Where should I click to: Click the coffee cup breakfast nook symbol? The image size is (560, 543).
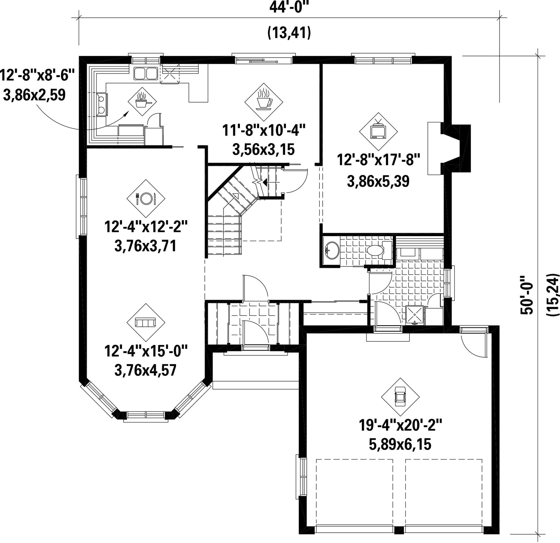[264, 102]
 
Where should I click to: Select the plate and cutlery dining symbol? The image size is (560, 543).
[146, 198]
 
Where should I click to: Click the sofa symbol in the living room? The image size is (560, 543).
[146, 322]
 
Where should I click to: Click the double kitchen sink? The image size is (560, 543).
[146, 73]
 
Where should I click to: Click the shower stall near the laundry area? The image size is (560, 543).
[415, 315]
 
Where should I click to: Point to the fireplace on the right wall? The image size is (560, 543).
[449, 148]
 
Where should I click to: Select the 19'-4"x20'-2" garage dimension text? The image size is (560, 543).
[400, 425]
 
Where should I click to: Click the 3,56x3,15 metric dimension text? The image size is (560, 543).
[264, 150]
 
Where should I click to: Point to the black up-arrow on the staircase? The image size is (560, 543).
[264, 182]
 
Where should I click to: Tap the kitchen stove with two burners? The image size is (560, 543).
[101, 104]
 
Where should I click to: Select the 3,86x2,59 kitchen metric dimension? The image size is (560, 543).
[34, 95]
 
